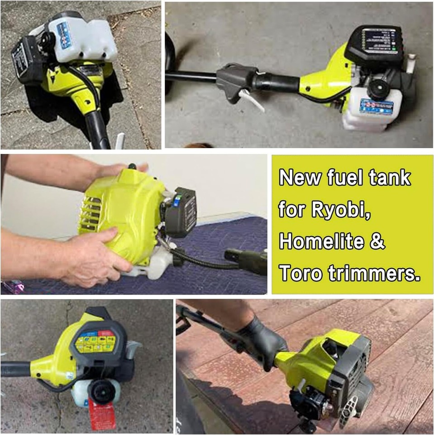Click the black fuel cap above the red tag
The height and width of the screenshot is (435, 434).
coord(100,389)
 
